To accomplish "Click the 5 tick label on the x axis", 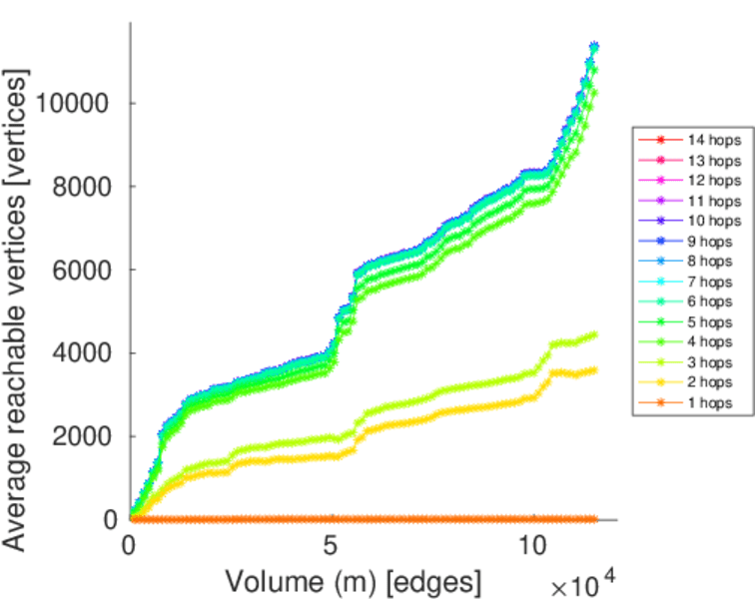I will tap(331, 545).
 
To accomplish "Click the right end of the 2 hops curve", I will tap(595, 370).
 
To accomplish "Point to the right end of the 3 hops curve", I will tap(595, 334).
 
